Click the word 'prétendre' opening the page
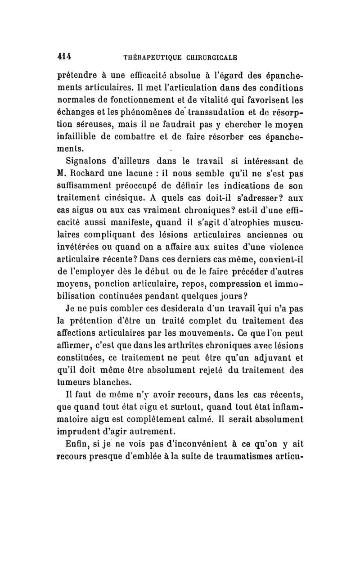(78, 76)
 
